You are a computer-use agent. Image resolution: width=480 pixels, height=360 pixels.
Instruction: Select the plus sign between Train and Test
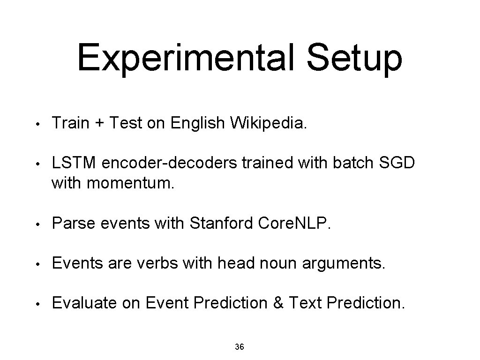tap(99, 123)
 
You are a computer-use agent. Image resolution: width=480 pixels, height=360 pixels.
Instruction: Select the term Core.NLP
tap(294, 224)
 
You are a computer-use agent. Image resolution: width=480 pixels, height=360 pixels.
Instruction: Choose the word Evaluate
tap(85, 303)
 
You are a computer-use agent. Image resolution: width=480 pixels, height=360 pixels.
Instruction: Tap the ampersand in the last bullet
tap(278, 303)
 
